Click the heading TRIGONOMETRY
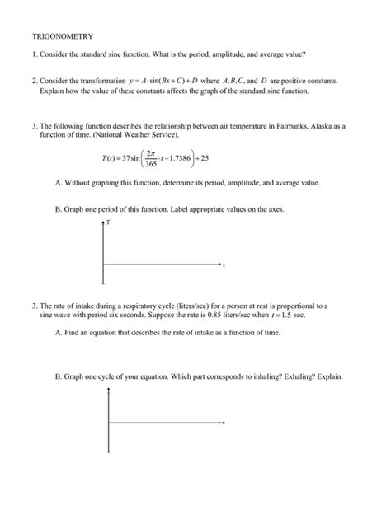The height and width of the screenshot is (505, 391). (x=62, y=36)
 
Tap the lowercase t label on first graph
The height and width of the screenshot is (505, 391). (x=224, y=265)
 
